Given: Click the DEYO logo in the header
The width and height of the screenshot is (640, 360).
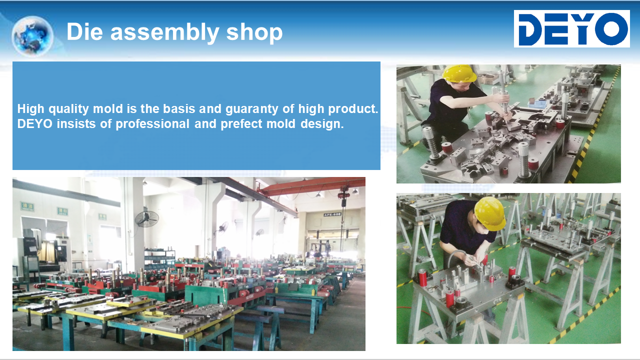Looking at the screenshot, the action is tap(571, 29).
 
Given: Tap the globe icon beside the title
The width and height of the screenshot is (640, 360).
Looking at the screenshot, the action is tap(32, 36).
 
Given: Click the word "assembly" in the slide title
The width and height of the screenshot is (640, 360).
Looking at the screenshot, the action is tap(165, 32).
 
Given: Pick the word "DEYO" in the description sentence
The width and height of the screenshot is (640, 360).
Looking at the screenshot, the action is tap(35, 124).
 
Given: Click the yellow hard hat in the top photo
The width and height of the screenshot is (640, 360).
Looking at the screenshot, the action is tap(459, 73).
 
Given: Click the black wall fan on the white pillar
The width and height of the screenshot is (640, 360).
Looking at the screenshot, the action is tap(147, 219).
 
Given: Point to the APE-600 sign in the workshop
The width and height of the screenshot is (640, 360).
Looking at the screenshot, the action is tap(332, 214).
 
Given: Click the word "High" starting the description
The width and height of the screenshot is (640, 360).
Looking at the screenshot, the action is tap(30, 109).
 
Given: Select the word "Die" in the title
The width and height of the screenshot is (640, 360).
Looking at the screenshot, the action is tap(84, 31).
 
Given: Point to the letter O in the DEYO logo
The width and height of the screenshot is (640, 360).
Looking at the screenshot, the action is tap(612, 29).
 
